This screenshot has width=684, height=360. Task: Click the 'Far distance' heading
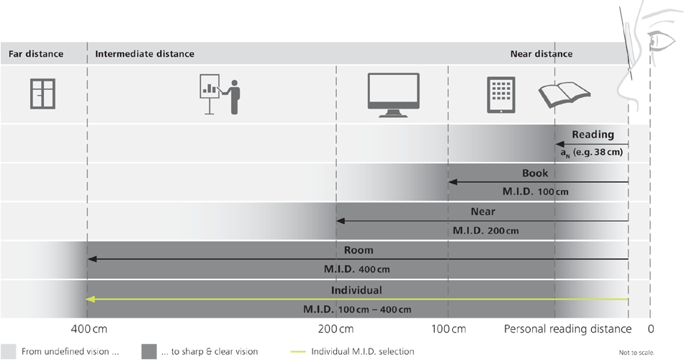point(36,54)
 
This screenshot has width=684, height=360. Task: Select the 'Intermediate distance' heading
point(145,54)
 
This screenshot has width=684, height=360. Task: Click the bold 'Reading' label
point(593,134)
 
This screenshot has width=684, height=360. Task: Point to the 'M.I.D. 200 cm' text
point(486,231)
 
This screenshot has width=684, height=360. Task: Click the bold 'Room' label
point(357,250)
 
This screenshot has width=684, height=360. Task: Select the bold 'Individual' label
point(356,290)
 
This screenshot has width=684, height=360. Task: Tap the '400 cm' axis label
point(90,329)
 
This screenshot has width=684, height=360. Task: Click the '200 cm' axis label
point(336,329)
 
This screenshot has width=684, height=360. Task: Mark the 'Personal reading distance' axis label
point(567,329)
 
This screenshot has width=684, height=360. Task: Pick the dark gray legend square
point(150,351)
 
